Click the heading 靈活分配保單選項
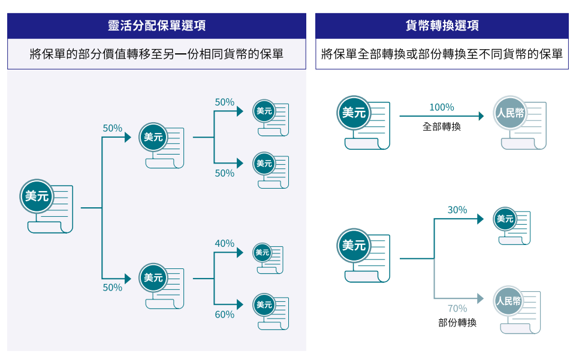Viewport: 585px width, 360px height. coord(156,25)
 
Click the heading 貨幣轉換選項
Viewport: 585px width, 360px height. coord(442,25)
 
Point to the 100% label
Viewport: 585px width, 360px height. coord(442,107)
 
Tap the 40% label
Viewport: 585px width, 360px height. coord(225,243)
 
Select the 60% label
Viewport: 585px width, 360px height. coord(225,314)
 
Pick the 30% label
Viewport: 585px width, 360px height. coord(457,210)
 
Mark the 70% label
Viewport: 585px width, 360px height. coord(457,308)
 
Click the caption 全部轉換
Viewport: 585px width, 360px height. coord(442,127)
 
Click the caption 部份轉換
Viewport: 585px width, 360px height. coord(457,323)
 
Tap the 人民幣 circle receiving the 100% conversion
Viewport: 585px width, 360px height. coord(510,113)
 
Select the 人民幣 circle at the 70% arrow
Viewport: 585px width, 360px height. coord(508,301)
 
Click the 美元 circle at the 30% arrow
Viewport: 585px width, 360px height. coord(505,219)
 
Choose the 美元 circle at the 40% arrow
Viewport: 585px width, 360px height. coord(263,253)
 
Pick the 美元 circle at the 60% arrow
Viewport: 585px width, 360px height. coord(264,305)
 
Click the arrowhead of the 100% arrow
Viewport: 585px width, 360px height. coord(481,116)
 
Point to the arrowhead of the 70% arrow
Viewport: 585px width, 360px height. coord(481,298)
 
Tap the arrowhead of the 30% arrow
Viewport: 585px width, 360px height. coord(481,219)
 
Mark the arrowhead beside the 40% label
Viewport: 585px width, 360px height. coord(240,253)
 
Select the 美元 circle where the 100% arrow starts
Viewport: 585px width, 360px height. coord(354,113)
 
